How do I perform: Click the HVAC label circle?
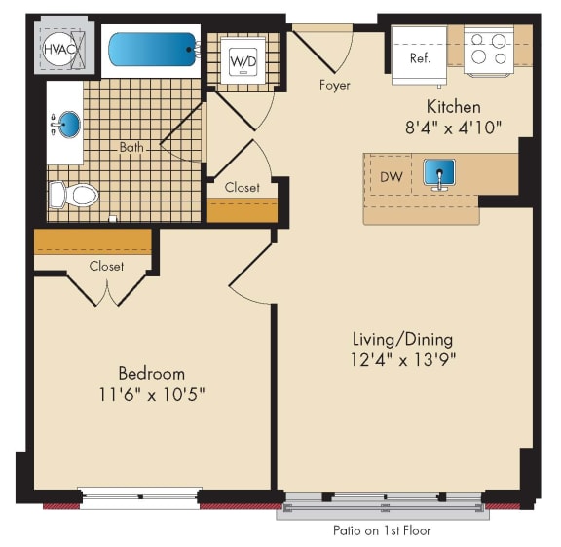coord(59,49)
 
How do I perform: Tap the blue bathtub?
coord(153,50)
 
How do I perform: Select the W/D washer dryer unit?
coord(243,60)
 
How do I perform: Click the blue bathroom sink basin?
coord(69,124)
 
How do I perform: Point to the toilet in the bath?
coord(74,195)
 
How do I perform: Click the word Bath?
coord(131,147)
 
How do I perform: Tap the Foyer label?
coord(334,85)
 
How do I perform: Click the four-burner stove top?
coord(489,51)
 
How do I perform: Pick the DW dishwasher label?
coord(391,176)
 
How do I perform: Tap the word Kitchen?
coord(453,106)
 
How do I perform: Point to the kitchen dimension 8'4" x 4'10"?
coord(453,127)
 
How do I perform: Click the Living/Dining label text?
coord(402,340)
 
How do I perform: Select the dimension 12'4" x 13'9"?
coord(403,360)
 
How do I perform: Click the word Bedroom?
coord(152,373)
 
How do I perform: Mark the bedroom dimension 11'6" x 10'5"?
coord(151,394)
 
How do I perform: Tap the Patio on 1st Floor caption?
coord(382,530)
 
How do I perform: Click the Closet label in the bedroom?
coord(106,266)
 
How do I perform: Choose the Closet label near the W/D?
coord(243,187)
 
